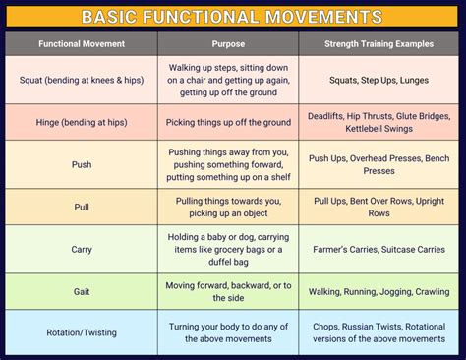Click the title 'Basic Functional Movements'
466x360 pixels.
[233, 17]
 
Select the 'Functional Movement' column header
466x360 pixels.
[82, 44]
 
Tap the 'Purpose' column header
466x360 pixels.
[228, 44]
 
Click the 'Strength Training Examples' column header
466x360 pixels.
[379, 44]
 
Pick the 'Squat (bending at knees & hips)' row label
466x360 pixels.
[82, 81]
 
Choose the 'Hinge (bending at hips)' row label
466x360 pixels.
[82, 122]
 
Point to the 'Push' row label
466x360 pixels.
[82, 164]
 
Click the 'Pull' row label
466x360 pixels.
[82, 207]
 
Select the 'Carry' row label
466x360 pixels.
[82, 249]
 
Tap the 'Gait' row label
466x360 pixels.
[82, 292]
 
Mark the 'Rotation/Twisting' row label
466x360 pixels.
[82, 332]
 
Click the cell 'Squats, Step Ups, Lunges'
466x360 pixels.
[379, 81]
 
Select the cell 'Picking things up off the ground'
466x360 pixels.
[228, 122]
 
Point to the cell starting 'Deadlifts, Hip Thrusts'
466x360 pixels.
[379, 122]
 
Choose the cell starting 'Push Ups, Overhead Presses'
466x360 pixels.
[379, 164]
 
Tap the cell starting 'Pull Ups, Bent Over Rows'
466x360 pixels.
[379, 207]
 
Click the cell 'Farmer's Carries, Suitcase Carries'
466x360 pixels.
[379, 249]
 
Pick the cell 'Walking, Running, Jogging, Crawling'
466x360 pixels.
[379, 292]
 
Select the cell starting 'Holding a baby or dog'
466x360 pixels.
[228, 249]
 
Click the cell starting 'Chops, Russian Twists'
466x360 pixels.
[379, 332]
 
